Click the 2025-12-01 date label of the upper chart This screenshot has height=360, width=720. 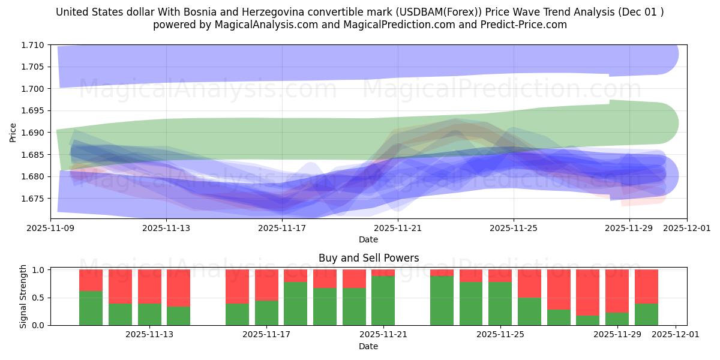click(x=687, y=228)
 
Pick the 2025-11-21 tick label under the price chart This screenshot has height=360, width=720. click(x=397, y=228)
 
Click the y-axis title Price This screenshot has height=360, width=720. click(x=13, y=132)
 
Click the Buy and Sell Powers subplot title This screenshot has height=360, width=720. click(x=368, y=258)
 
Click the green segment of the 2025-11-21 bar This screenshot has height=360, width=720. click(x=383, y=300)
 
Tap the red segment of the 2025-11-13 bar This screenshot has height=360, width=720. click(x=178, y=288)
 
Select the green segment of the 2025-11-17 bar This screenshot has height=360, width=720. click(x=266, y=313)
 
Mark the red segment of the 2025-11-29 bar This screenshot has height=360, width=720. click(x=616, y=291)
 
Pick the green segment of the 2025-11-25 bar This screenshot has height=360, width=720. click(x=500, y=304)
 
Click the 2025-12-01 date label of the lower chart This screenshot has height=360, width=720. click(x=676, y=334)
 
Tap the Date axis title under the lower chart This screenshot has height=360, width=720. click(x=368, y=346)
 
